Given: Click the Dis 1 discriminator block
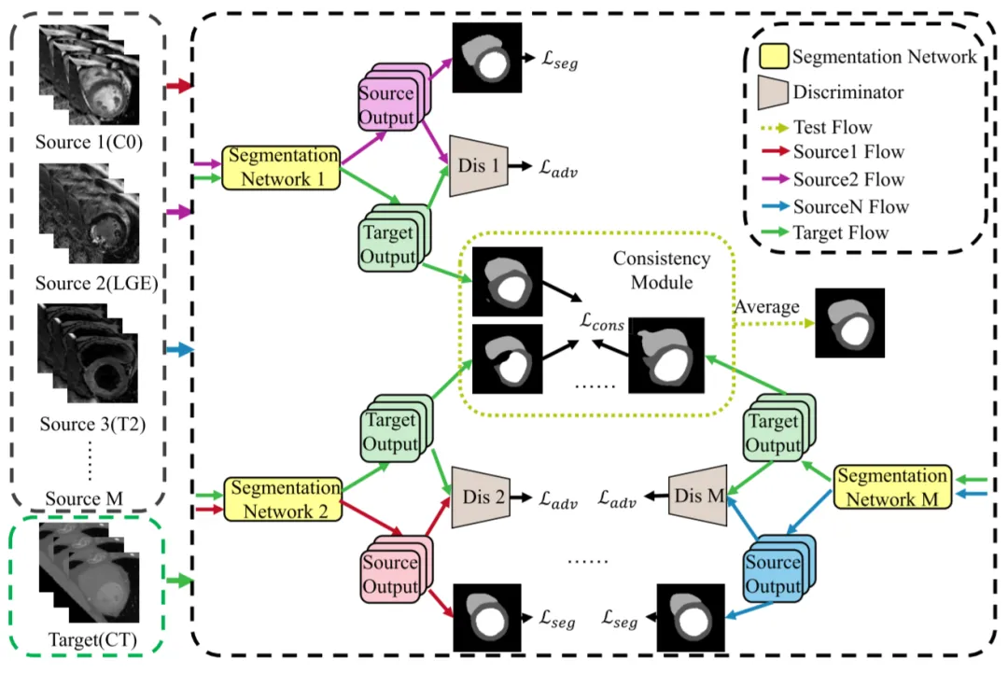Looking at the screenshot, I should pyautogui.click(x=478, y=166).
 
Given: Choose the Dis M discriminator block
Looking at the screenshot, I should pyautogui.click(x=698, y=495).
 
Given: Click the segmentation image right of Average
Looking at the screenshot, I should pyautogui.click(x=848, y=323).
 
